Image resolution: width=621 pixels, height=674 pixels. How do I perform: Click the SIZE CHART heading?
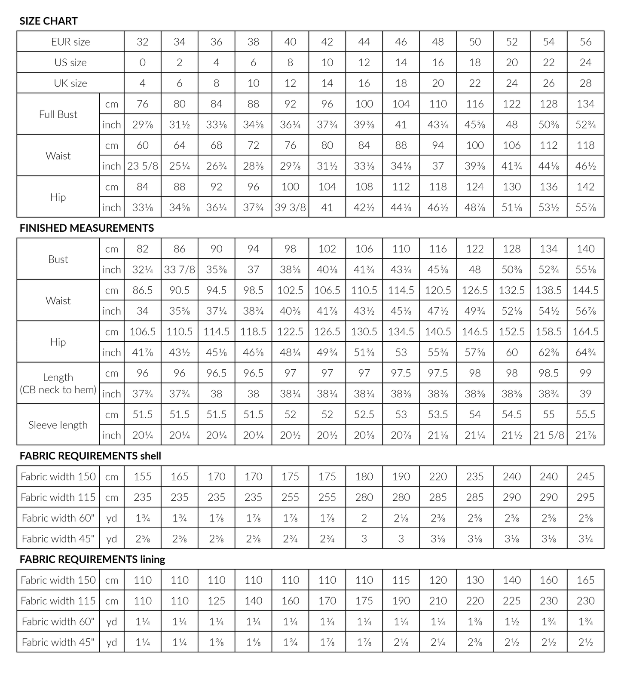(x=49, y=21)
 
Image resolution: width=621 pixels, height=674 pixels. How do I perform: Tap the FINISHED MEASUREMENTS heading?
(x=86, y=228)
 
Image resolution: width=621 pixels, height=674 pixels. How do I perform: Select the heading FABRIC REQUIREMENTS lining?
(x=92, y=559)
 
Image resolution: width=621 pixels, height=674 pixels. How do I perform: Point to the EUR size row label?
(x=70, y=42)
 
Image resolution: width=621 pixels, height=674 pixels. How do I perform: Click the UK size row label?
(x=70, y=83)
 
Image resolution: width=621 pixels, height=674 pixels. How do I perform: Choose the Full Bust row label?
(x=58, y=114)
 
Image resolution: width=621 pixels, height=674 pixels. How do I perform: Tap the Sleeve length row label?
(x=58, y=425)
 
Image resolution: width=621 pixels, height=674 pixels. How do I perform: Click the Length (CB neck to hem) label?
(x=58, y=383)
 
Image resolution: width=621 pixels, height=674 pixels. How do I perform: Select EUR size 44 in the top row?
(x=364, y=42)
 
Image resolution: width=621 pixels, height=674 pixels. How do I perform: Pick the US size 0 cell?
(x=143, y=62)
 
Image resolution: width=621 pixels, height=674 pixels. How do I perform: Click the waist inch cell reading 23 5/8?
(x=143, y=166)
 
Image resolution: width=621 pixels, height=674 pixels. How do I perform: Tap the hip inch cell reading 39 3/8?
(x=291, y=207)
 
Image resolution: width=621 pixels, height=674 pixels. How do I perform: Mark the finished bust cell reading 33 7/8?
(x=180, y=270)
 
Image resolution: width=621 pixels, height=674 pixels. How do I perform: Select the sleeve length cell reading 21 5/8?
(x=549, y=435)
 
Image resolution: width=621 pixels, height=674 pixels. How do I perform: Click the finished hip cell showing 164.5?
(x=586, y=331)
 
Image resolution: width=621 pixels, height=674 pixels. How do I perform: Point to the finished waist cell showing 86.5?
(x=143, y=290)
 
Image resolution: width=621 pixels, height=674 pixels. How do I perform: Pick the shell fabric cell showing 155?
(x=143, y=476)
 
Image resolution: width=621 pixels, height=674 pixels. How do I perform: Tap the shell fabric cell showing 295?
(x=586, y=497)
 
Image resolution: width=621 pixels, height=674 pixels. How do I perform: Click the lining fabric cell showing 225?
(x=512, y=600)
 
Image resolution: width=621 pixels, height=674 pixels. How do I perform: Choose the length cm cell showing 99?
(x=586, y=373)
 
